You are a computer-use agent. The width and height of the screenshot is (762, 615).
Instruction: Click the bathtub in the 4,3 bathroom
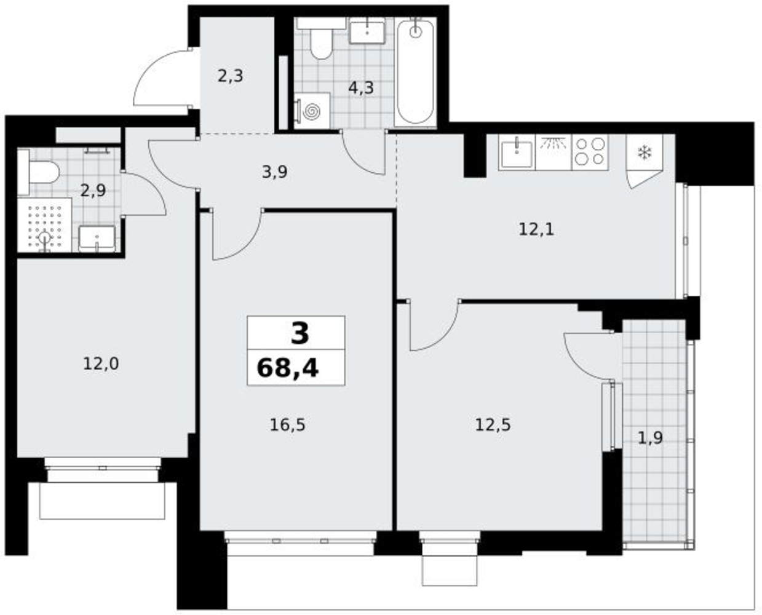point(415,72)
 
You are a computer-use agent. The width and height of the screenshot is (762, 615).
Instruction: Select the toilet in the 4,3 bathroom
point(321,38)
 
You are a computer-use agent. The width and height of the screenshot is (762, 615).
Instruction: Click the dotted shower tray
point(44,224)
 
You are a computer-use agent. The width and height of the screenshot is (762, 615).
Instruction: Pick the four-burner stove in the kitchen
point(590,152)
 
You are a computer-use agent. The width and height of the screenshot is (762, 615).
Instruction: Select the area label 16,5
point(287,425)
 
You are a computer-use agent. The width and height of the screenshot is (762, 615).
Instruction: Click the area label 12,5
point(493,425)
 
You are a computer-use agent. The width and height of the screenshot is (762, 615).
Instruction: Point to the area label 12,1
point(536,229)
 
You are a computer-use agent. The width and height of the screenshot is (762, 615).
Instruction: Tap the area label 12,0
point(100,364)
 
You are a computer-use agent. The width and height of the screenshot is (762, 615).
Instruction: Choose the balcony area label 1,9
point(651,438)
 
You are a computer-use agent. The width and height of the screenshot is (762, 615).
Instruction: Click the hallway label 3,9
point(275,172)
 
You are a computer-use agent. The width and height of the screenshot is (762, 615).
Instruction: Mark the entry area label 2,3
point(231,76)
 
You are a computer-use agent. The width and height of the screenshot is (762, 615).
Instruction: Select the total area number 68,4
point(288,368)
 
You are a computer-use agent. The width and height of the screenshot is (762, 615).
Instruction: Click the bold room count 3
point(300,333)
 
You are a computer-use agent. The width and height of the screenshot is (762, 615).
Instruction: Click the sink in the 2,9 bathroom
point(97,238)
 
